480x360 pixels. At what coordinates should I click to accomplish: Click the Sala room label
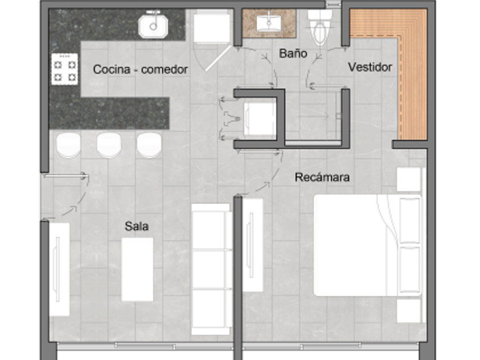[137, 226]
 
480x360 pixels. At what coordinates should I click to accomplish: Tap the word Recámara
[322, 177]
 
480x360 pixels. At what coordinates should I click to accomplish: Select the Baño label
[293, 54]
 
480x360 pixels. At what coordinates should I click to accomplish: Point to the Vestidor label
[370, 67]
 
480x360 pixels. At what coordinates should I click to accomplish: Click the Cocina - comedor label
[141, 70]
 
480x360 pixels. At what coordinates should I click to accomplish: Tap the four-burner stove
[65, 69]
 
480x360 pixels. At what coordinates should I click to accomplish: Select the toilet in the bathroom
[320, 26]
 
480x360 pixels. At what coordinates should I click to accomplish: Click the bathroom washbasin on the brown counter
[269, 23]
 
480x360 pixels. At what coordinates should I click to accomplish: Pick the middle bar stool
[109, 145]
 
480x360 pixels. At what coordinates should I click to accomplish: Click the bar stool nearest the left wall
[69, 145]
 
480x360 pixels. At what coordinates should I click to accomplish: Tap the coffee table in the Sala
[138, 269]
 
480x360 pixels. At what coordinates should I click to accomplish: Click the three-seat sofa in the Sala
[212, 269]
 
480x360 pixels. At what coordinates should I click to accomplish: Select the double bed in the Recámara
[368, 245]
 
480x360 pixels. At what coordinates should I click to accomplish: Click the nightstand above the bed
[409, 179]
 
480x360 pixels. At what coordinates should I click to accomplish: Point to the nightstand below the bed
[409, 311]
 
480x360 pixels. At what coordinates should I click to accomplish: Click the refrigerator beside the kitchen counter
[212, 26]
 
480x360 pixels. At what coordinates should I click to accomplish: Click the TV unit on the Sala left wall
[59, 269]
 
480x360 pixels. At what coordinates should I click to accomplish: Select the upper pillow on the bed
[410, 220]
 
